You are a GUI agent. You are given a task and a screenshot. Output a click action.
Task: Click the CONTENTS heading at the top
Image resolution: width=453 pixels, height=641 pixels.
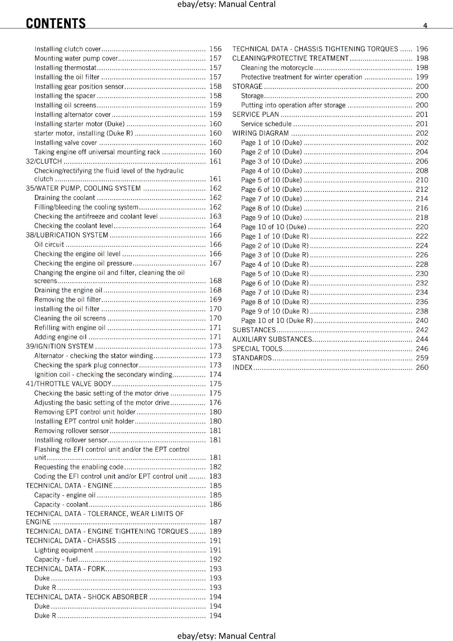56,23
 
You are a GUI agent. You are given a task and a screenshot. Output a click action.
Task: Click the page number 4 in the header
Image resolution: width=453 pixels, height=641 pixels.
425,26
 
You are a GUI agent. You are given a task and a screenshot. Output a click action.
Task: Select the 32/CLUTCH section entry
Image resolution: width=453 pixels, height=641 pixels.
44,161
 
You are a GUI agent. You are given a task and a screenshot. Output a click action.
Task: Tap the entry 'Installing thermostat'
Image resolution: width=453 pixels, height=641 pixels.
65,68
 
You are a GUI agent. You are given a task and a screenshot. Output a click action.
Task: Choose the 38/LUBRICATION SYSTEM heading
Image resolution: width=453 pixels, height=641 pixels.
67,235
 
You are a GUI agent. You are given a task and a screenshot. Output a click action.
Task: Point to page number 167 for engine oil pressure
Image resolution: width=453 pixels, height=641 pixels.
215,263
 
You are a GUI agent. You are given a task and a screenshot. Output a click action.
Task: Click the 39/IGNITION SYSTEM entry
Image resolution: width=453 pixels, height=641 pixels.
60,346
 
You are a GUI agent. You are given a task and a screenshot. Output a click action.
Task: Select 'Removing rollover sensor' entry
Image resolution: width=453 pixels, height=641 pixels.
71,431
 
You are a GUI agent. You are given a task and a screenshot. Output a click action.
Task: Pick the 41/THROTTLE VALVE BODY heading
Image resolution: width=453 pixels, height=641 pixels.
69,384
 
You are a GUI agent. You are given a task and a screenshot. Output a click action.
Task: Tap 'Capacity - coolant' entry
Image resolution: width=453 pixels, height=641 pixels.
61,504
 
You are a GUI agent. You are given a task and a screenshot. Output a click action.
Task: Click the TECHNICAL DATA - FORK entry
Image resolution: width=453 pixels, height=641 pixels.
65,569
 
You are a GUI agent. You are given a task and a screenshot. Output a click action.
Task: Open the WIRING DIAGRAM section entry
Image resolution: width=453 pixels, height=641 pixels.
261,133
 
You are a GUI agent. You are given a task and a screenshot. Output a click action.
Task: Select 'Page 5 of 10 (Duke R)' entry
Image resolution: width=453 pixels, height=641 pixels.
275,274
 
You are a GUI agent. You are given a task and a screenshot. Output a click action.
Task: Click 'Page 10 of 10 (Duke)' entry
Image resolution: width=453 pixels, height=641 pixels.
273,227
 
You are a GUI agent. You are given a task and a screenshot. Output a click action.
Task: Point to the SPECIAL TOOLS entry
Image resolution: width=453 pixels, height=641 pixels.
257,349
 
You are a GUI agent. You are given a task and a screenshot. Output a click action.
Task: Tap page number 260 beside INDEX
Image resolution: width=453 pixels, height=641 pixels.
422,367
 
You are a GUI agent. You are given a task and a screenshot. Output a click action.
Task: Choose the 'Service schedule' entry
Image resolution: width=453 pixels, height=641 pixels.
266,124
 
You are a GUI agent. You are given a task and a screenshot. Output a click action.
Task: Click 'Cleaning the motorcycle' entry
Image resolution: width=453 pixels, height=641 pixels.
277,68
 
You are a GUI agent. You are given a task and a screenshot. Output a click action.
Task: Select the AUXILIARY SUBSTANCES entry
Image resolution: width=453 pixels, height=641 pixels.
272,339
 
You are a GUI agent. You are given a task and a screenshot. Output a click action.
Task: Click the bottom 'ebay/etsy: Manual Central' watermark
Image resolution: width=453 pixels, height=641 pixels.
226,636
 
